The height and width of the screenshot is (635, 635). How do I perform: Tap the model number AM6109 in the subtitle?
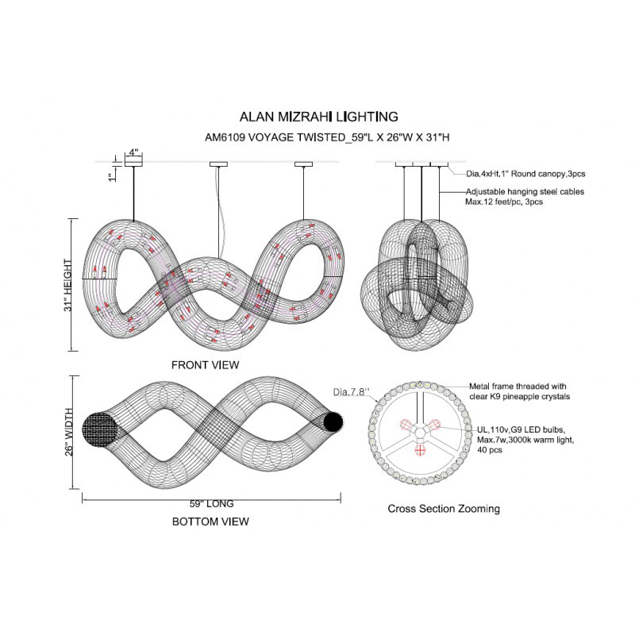[x=223, y=137]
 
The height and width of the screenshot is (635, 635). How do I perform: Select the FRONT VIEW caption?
[x=205, y=364]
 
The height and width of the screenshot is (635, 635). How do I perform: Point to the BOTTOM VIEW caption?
[x=210, y=521]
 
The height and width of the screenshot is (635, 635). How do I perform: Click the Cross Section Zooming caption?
[x=444, y=508]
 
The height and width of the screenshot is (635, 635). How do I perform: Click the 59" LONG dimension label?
[x=211, y=503]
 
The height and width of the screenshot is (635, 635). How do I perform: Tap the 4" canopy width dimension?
[x=133, y=151]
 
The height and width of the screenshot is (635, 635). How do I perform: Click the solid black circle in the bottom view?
[x=333, y=421]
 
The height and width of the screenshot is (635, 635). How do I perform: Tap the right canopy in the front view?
[x=304, y=164]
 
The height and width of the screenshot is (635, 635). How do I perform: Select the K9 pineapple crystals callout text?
[x=520, y=390]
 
